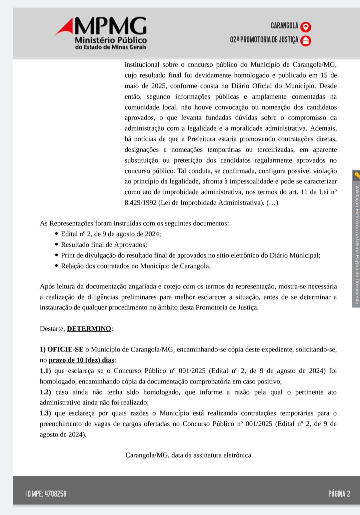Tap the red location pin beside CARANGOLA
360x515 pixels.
pyautogui.click(x=306, y=27)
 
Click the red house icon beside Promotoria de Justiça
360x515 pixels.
pyautogui.click(x=306, y=41)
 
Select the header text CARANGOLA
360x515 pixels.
pyautogui.click(x=284, y=26)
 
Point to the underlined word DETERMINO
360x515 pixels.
pyautogui.click(x=89, y=329)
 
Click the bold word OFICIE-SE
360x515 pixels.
pyautogui.click(x=65, y=350)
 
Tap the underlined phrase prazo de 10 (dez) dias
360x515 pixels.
pyautogui.click(x=81, y=360)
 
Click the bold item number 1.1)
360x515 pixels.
pyautogui.click(x=45, y=371)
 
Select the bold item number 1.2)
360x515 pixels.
pyautogui.click(x=45, y=392)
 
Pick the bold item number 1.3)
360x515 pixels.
pyautogui.click(x=45, y=413)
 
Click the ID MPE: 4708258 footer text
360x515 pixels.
pyautogui.click(x=46, y=494)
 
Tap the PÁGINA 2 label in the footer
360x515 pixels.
pyautogui.click(x=339, y=494)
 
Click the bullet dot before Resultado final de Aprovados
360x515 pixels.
pyautogui.click(x=56, y=244)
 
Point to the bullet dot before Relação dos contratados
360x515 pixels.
pyautogui.click(x=56, y=266)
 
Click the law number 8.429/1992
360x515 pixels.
pyautogui.click(x=140, y=203)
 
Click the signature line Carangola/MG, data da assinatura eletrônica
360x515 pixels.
pyautogui.click(x=189, y=455)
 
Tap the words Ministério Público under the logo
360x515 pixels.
pyautogui.click(x=111, y=40)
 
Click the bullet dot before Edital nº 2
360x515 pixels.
pyautogui.click(x=56, y=234)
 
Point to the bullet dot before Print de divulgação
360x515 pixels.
pyautogui.click(x=56, y=255)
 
